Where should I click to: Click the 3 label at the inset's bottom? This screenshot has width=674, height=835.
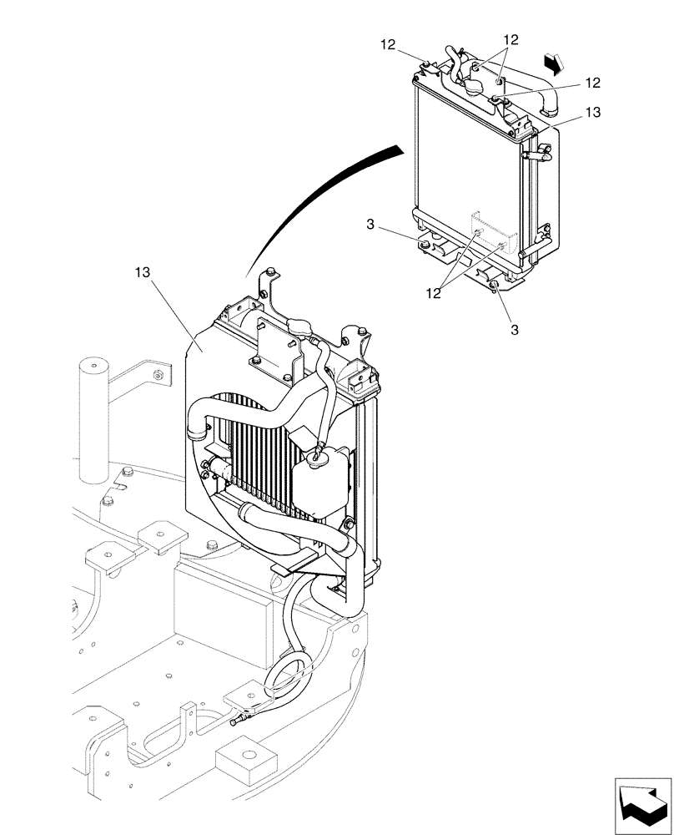[515, 330]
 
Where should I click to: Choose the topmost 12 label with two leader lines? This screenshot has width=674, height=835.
[511, 39]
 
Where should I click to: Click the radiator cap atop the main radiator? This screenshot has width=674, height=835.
[298, 326]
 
